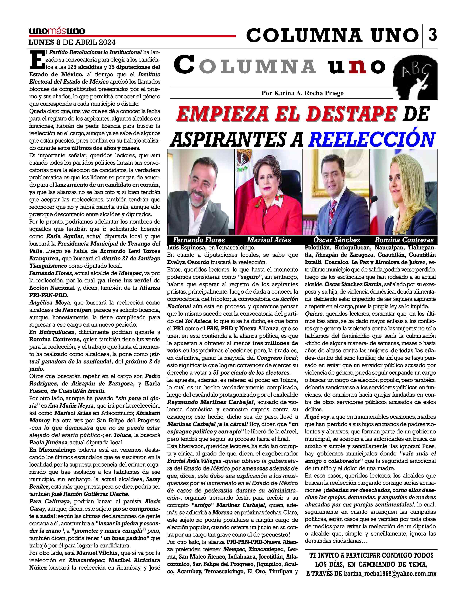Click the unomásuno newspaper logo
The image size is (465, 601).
(57, 31)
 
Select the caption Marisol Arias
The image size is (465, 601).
(269, 240)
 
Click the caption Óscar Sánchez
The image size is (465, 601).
(336, 240)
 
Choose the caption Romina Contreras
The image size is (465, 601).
(404, 240)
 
